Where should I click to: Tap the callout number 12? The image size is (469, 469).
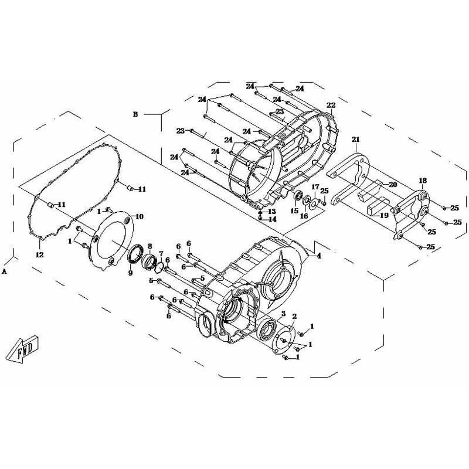[x=39, y=255]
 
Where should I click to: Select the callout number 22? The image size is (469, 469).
[x=331, y=106]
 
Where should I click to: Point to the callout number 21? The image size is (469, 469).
[x=356, y=140]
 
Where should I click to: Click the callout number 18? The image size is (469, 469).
[x=423, y=181]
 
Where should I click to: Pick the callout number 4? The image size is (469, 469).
[x=319, y=256]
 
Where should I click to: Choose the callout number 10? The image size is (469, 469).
[x=140, y=216]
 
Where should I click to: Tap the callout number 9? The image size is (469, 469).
[x=130, y=273]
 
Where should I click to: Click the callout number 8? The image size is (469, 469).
[x=150, y=246]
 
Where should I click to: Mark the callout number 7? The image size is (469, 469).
[x=161, y=253]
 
